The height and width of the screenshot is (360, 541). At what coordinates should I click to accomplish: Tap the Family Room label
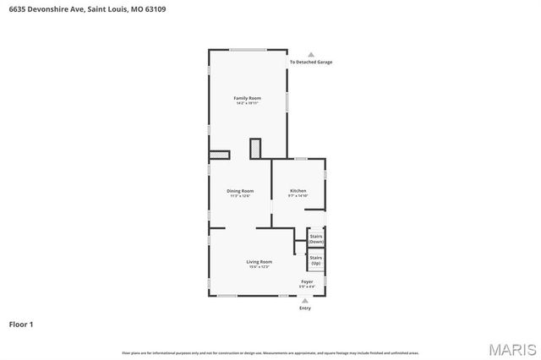[248, 98]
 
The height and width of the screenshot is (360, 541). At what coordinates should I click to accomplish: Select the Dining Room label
[239, 191]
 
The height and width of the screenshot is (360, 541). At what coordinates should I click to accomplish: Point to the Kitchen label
[298, 191]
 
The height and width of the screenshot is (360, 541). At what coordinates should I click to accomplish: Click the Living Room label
[259, 262]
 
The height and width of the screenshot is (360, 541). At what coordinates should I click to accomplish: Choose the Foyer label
[307, 281]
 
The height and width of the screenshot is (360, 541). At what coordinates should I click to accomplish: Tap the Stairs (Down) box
[316, 239]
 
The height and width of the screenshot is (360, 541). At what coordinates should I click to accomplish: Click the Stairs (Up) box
[316, 260]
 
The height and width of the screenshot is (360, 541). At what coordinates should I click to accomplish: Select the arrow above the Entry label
[305, 300]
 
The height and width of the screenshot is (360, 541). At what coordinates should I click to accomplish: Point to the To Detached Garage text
[310, 63]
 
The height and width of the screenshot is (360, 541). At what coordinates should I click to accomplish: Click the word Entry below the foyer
[305, 308]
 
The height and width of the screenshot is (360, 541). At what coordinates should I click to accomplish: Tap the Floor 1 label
[21, 324]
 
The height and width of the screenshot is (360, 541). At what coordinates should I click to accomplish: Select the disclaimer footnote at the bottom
[270, 352]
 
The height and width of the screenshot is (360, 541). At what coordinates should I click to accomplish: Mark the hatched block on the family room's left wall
[219, 155]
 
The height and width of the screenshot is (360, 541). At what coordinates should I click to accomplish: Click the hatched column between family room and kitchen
[255, 148]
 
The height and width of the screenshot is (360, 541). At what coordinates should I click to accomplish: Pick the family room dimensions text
[248, 104]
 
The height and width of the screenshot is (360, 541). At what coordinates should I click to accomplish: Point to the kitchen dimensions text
[298, 196]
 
